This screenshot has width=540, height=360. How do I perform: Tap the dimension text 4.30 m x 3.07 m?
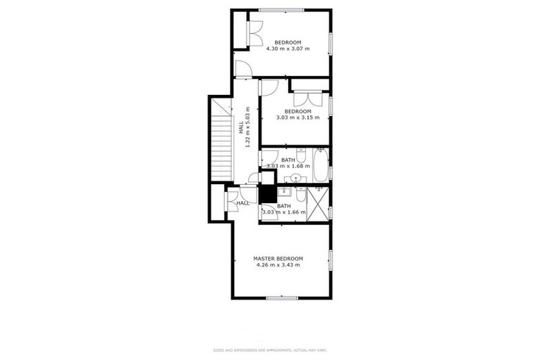pyautogui.click(x=287, y=49)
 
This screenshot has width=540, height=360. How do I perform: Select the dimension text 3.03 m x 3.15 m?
pyautogui.click(x=297, y=118)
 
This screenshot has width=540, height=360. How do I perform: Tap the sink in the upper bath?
pyautogui.click(x=296, y=177)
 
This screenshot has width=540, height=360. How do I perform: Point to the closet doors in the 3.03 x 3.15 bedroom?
pyautogui.click(x=309, y=98)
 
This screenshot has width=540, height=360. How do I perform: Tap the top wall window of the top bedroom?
pyautogui.click(x=281, y=10)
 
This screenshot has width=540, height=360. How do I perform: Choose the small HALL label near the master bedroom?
pyautogui.click(x=243, y=203)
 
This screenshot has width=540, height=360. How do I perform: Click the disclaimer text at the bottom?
pyautogui.click(x=270, y=350)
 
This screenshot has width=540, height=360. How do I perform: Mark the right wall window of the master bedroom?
pyautogui.click(x=329, y=260)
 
